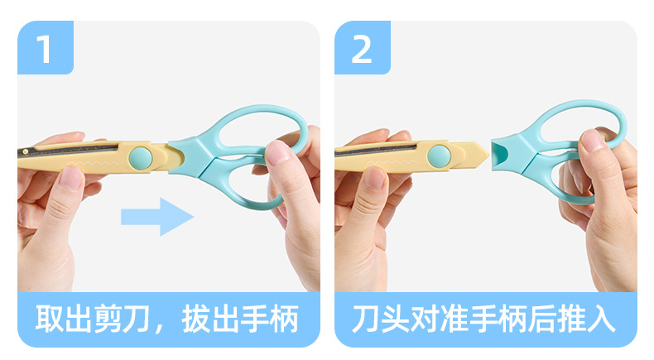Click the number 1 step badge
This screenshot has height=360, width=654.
click(45, 47)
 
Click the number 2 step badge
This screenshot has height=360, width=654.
click(362, 47)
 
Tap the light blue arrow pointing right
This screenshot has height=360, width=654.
click(157, 217)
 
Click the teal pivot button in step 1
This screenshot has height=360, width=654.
click(141, 158)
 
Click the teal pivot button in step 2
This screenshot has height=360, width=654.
click(440, 156)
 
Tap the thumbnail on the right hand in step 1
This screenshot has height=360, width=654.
click(278, 152)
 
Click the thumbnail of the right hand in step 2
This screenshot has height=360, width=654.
click(592, 140)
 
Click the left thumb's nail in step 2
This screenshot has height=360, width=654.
click(375, 178)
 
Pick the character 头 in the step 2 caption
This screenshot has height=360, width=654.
click(395, 319)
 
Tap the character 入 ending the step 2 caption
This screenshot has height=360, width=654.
click(601, 319)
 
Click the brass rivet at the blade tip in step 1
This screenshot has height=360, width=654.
click(26, 151)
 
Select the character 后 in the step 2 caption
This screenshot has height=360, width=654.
click(541, 319)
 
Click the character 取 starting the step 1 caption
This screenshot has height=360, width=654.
click(49, 319)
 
